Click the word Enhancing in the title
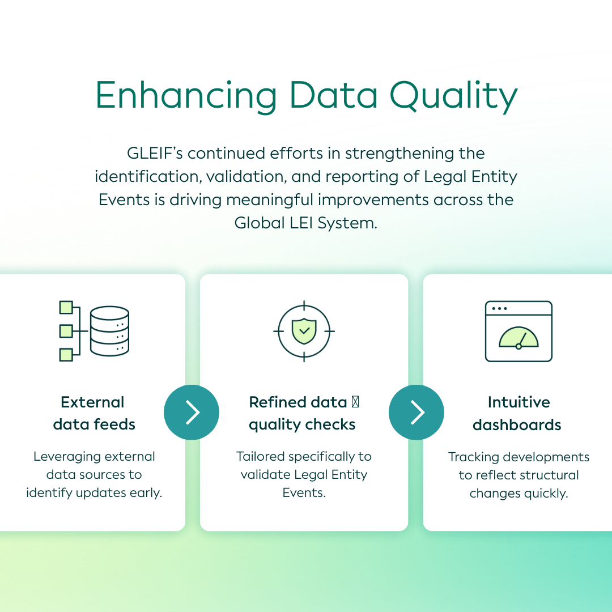pyautogui.click(x=186, y=95)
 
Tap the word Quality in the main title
pyautogui.click(x=453, y=96)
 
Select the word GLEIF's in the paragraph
pyautogui.click(x=155, y=154)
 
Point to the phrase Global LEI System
pyautogui.click(x=306, y=223)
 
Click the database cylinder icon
pyautogui.click(x=110, y=331)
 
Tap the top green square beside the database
pyautogui.click(x=66, y=307)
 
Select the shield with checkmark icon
pyautogui.click(x=304, y=331)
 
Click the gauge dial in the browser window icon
pyautogui.click(x=518, y=338)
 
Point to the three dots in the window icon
pyautogui.click(x=500, y=308)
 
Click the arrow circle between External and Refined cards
pyautogui.click(x=192, y=412)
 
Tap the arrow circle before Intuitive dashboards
pyautogui.click(x=416, y=412)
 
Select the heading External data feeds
pyautogui.click(x=93, y=413)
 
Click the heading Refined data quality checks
pyautogui.click(x=303, y=413)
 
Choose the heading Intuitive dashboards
pyautogui.click(x=517, y=413)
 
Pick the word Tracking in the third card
pyautogui.click(x=474, y=457)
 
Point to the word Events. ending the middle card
pyautogui.click(x=304, y=492)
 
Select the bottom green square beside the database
pyautogui.click(x=66, y=355)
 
